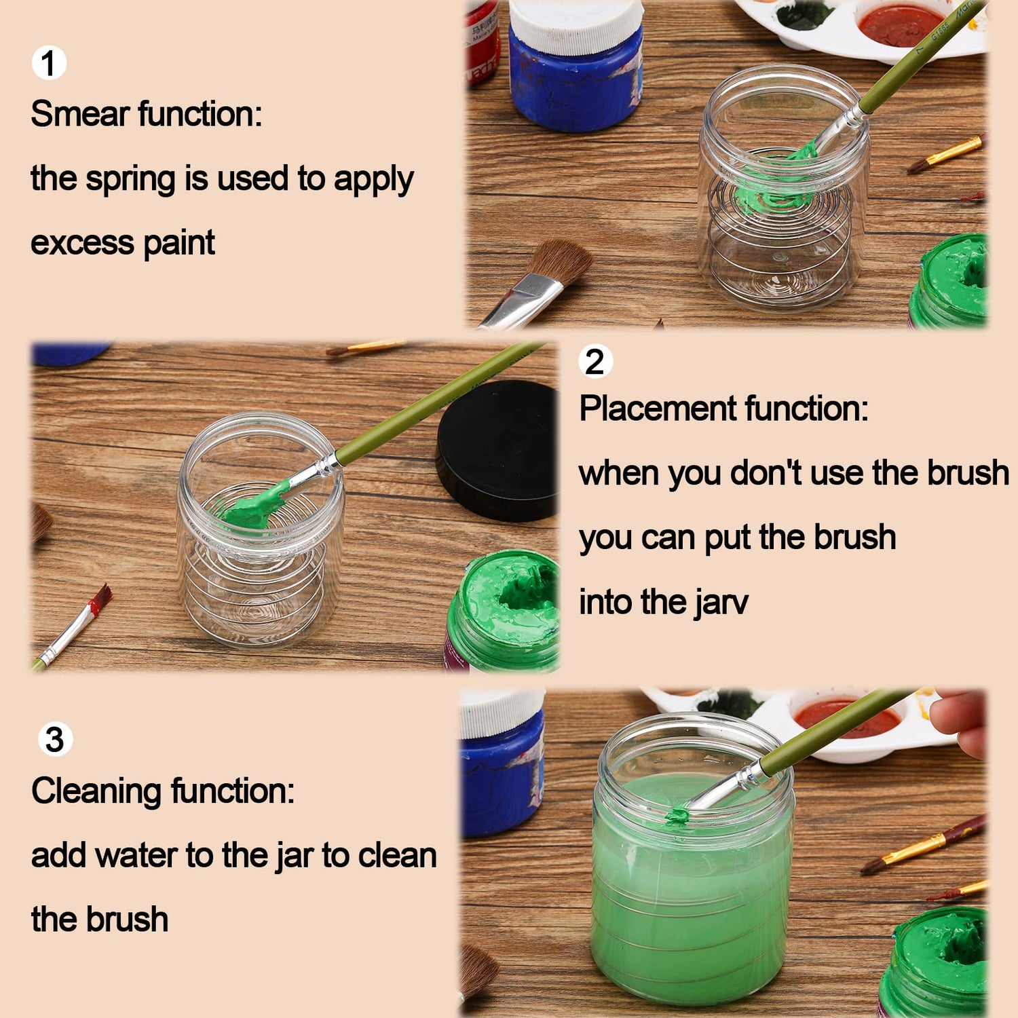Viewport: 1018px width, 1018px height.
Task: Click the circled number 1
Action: tap(49, 63)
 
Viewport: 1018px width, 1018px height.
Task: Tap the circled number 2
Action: tap(595, 361)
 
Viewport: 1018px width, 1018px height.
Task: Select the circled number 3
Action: tap(55, 739)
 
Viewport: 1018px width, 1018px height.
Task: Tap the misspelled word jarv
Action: tap(720, 603)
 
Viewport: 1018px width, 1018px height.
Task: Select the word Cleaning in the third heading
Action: tap(96, 791)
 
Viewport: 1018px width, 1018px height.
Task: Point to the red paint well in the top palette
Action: tap(899, 24)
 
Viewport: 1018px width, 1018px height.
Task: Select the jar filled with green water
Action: tap(692, 875)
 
